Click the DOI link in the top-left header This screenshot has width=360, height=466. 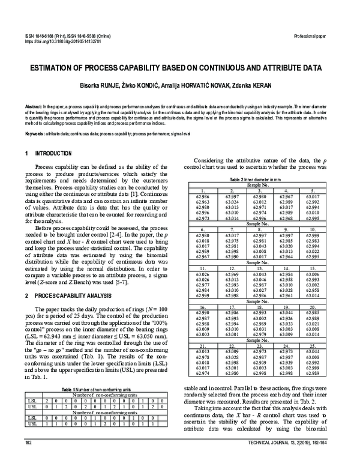(x=63, y=42)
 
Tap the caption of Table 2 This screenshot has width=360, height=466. (x=257, y=180)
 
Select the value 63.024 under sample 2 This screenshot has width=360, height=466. (x=232, y=202)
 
